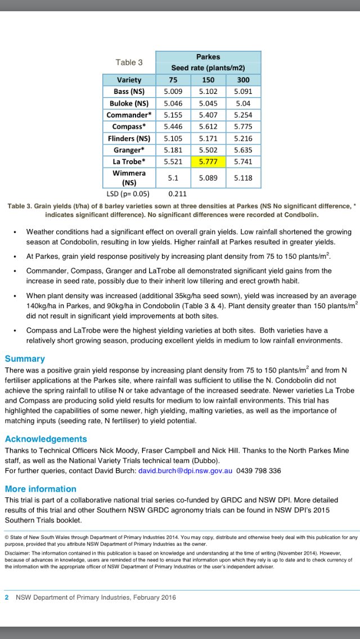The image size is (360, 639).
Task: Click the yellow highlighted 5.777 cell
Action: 208,161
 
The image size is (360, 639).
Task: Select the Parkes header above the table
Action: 208,57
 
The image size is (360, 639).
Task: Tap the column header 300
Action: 243,80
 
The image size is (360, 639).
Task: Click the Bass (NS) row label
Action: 129,92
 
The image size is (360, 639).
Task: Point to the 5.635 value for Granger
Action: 243,150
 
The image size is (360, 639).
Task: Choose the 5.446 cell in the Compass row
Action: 173,127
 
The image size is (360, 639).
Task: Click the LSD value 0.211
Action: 178,194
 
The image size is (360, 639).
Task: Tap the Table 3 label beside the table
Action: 129,62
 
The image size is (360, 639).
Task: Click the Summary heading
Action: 25,359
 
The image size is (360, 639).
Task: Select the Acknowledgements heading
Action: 46,439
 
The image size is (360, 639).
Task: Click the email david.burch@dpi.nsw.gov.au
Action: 185,471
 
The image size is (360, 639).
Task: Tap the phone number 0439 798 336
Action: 258,471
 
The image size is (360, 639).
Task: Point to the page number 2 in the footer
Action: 7,597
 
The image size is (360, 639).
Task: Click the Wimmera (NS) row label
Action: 129,177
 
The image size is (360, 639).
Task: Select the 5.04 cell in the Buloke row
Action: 243,103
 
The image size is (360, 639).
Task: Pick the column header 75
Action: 173,80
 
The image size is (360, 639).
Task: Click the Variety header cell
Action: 129,80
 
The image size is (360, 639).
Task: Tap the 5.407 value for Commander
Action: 208,115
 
